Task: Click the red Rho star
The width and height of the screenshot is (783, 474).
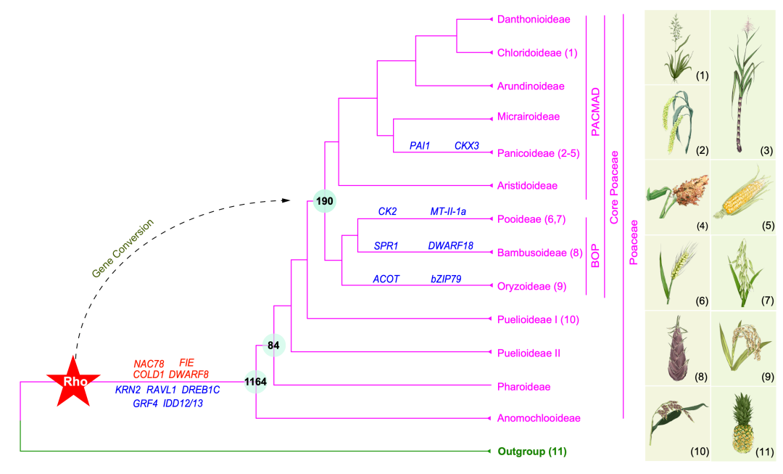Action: pyautogui.click(x=74, y=382)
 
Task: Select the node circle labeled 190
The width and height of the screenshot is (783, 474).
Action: pyautogui.click(x=325, y=201)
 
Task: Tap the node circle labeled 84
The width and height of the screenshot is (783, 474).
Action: pyautogui.click(x=273, y=345)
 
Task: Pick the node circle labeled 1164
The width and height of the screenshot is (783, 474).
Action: pyautogui.click(x=256, y=382)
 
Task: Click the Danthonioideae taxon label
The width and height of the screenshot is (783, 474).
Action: pyautogui.click(x=534, y=20)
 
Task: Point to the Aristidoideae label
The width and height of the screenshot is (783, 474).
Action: pyautogui.click(x=527, y=186)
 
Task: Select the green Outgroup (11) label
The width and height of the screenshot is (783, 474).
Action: pyautogui.click(x=532, y=451)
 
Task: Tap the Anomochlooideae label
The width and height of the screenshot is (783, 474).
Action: pyautogui.click(x=539, y=418)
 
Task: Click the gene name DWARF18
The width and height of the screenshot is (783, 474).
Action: pyautogui.click(x=450, y=245)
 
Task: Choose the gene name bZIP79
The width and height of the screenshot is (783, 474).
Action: pyautogui.click(x=446, y=279)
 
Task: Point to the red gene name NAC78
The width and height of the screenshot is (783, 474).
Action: pyautogui.click(x=149, y=364)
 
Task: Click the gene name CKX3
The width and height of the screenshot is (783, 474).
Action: pyautogui.click(x=466, y=145)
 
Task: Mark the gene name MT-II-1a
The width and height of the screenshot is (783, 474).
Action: pyautogui.click(x=448, y=211)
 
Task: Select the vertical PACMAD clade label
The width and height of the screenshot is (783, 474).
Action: pyautogui.click(x=595, y=112)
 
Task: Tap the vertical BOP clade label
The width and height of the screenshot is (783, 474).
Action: pyautogui.click(x=595, y=256)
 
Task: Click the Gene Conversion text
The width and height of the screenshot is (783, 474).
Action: pyautogui.click(x=123, y=248)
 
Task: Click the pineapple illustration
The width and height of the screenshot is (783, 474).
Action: pyautogui.click(x=742, y=423)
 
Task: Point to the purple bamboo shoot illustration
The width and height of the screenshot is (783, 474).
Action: pyautogui.click(x=678, y=348)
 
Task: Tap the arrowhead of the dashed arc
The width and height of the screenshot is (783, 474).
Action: pyautogui.click(x=286, y=200)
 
